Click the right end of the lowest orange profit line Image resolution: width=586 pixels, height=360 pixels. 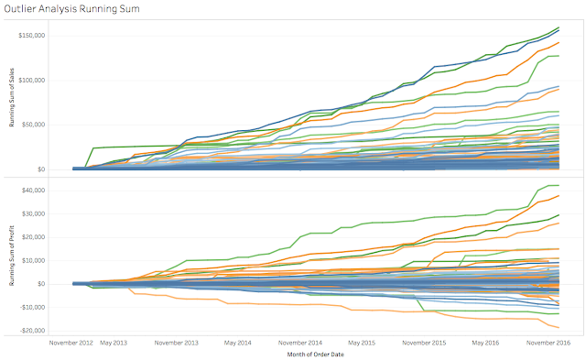(x=559, y=327)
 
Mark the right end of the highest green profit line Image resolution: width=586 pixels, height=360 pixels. (x=559, y=186)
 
